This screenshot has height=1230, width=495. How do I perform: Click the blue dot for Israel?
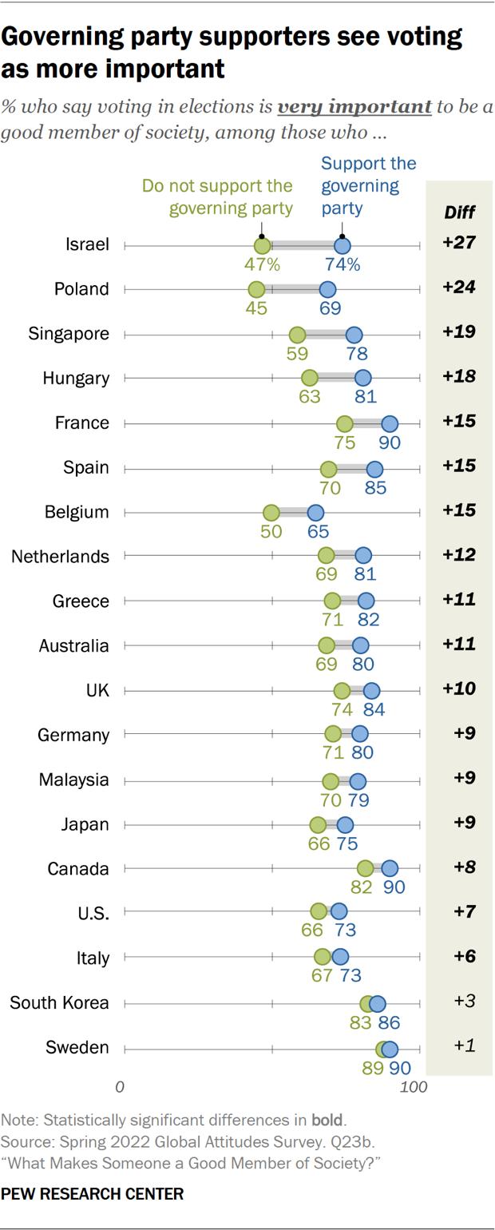[x=343, y=245]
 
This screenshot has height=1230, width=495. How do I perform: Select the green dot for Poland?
[x=256, y=289]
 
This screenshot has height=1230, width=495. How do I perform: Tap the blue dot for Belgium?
[x=315, y=512]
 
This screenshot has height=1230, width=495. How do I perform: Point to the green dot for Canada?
[x=365, y=868]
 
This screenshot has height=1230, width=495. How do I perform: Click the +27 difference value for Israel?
[x=459, y=244]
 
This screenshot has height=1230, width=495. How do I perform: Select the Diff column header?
[x=459, y=212]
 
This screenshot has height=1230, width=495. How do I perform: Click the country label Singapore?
[x=69, y=334]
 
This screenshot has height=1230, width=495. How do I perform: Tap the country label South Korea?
[x=59, y=1002]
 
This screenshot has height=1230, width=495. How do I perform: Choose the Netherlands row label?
[x=60, y=557]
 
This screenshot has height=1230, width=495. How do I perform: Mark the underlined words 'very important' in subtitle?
[x=354, y=106]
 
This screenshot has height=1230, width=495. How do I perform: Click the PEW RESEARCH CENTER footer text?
[x=93, y=1194]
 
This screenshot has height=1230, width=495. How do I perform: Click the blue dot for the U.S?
[x=339, y=912]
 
